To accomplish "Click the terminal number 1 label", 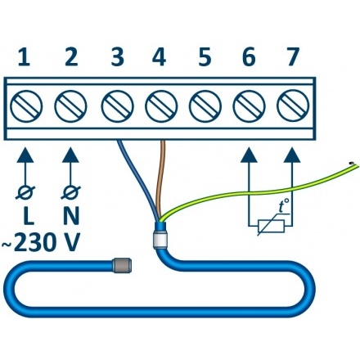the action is (x=25, y=56).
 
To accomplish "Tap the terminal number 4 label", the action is (x=159, y=56).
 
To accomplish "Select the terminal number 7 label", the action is (x=292, y=56).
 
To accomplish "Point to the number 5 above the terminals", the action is (x=205, y=56).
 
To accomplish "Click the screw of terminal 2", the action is (x=70, y=106).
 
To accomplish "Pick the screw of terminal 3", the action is (x=118, y=106).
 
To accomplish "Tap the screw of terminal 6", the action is (x=249, y=106).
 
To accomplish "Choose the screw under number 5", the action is (x=205, y=106).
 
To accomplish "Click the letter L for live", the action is (x=29, y=215).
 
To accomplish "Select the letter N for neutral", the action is (x=71, y=215).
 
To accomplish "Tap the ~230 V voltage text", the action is (x=41, y=242).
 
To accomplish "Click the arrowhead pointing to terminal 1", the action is (x=25, y=155).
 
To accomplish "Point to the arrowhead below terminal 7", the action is (x=292, y=155).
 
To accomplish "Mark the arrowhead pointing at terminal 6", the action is (x=249, y=155).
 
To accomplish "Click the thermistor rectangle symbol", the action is (x=271, y=226).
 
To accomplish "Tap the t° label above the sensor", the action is (x=284, y=207).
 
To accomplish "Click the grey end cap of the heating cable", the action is (x=122, y=266).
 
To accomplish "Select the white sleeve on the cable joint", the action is (x=160, y=239).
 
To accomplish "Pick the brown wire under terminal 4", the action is (x=160, y=180).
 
